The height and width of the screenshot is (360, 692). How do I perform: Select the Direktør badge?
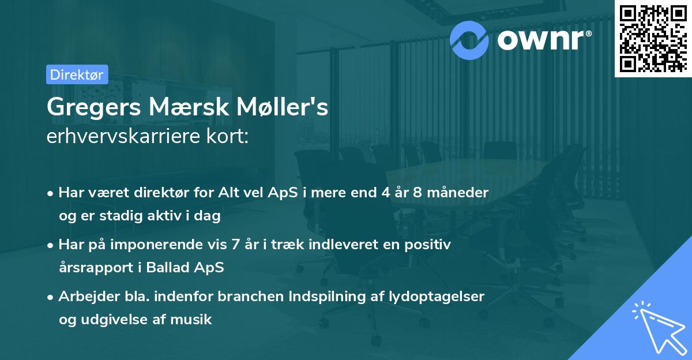tap(77, 74)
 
